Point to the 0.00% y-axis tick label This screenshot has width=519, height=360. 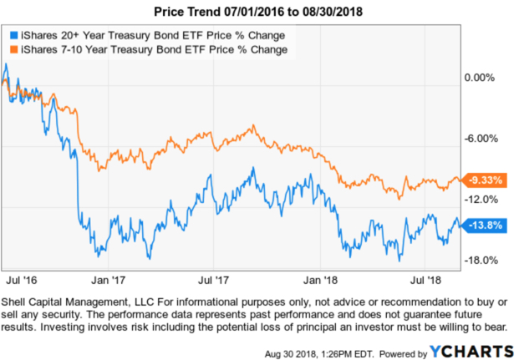[480, 78]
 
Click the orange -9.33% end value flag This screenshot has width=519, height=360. [486, 180]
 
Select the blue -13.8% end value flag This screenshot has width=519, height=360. [486, 225]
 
